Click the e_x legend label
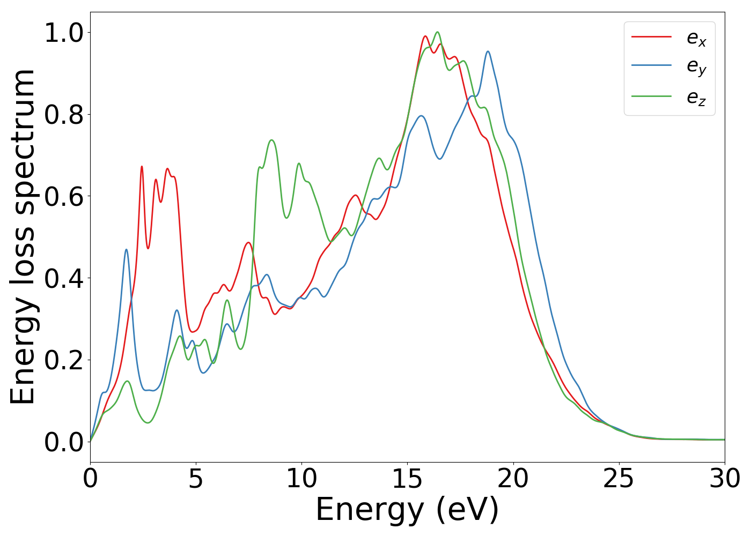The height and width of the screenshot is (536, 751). coord(696,38)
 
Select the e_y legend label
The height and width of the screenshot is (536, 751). coord(696,67)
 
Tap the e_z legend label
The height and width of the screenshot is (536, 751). coord(696,98)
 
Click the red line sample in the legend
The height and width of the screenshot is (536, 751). coord(651,36)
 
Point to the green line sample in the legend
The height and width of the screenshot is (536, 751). coord(651,96)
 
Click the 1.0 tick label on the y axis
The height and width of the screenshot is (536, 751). coord(64,33)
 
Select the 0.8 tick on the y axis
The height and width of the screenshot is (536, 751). coord(64,115)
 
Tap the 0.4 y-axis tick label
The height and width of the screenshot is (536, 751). coord(64,279)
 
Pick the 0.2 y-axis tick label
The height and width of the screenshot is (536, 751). coord(64,360)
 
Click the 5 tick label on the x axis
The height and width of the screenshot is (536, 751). coord(196,479)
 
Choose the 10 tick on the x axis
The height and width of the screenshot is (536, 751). coord(301,479)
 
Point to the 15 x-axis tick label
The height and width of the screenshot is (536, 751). coord(407,479)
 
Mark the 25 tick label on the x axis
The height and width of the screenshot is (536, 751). coord(619,479)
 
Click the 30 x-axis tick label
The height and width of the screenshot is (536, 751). coord(724,479)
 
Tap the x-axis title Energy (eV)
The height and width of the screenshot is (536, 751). coord(407,509)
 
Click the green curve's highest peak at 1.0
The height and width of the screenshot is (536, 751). coord(437,32)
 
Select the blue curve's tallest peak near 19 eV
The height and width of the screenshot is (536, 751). coord(488,51)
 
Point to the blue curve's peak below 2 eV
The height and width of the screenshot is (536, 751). coord(126,249)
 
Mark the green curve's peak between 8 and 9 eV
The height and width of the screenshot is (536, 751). coord(272,140)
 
